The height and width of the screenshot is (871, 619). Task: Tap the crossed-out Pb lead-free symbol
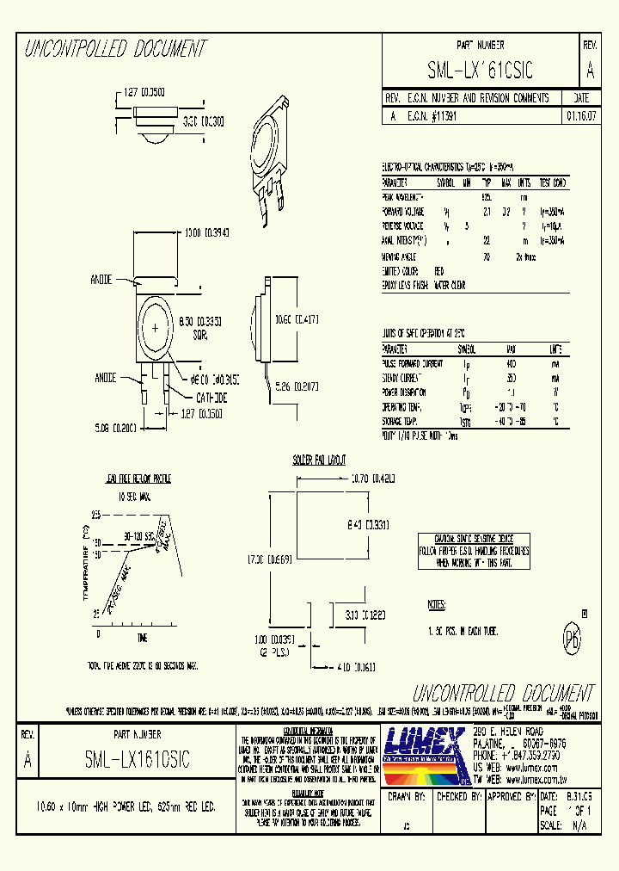(570, 641)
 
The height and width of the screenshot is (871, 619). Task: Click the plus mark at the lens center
(156, 330)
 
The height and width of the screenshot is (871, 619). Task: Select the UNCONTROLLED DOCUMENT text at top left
(115, 48)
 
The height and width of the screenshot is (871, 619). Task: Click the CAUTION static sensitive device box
(474, 550)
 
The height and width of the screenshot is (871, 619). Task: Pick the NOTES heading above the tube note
(437, 606)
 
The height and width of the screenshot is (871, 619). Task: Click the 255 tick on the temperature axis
(96, 514)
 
